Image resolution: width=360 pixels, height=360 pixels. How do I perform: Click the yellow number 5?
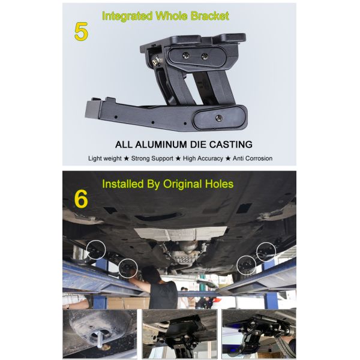(x=81, y=31)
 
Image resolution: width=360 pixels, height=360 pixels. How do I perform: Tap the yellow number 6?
(x=81, y=199)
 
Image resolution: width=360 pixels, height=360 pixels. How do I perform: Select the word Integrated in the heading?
(x=128, y=16)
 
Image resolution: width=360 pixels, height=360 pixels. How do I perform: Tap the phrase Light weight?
(x=105, y=158)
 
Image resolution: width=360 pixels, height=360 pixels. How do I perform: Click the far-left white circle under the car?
(x=95, y=250)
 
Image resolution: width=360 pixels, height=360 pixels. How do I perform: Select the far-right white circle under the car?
(x=266, y=251)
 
